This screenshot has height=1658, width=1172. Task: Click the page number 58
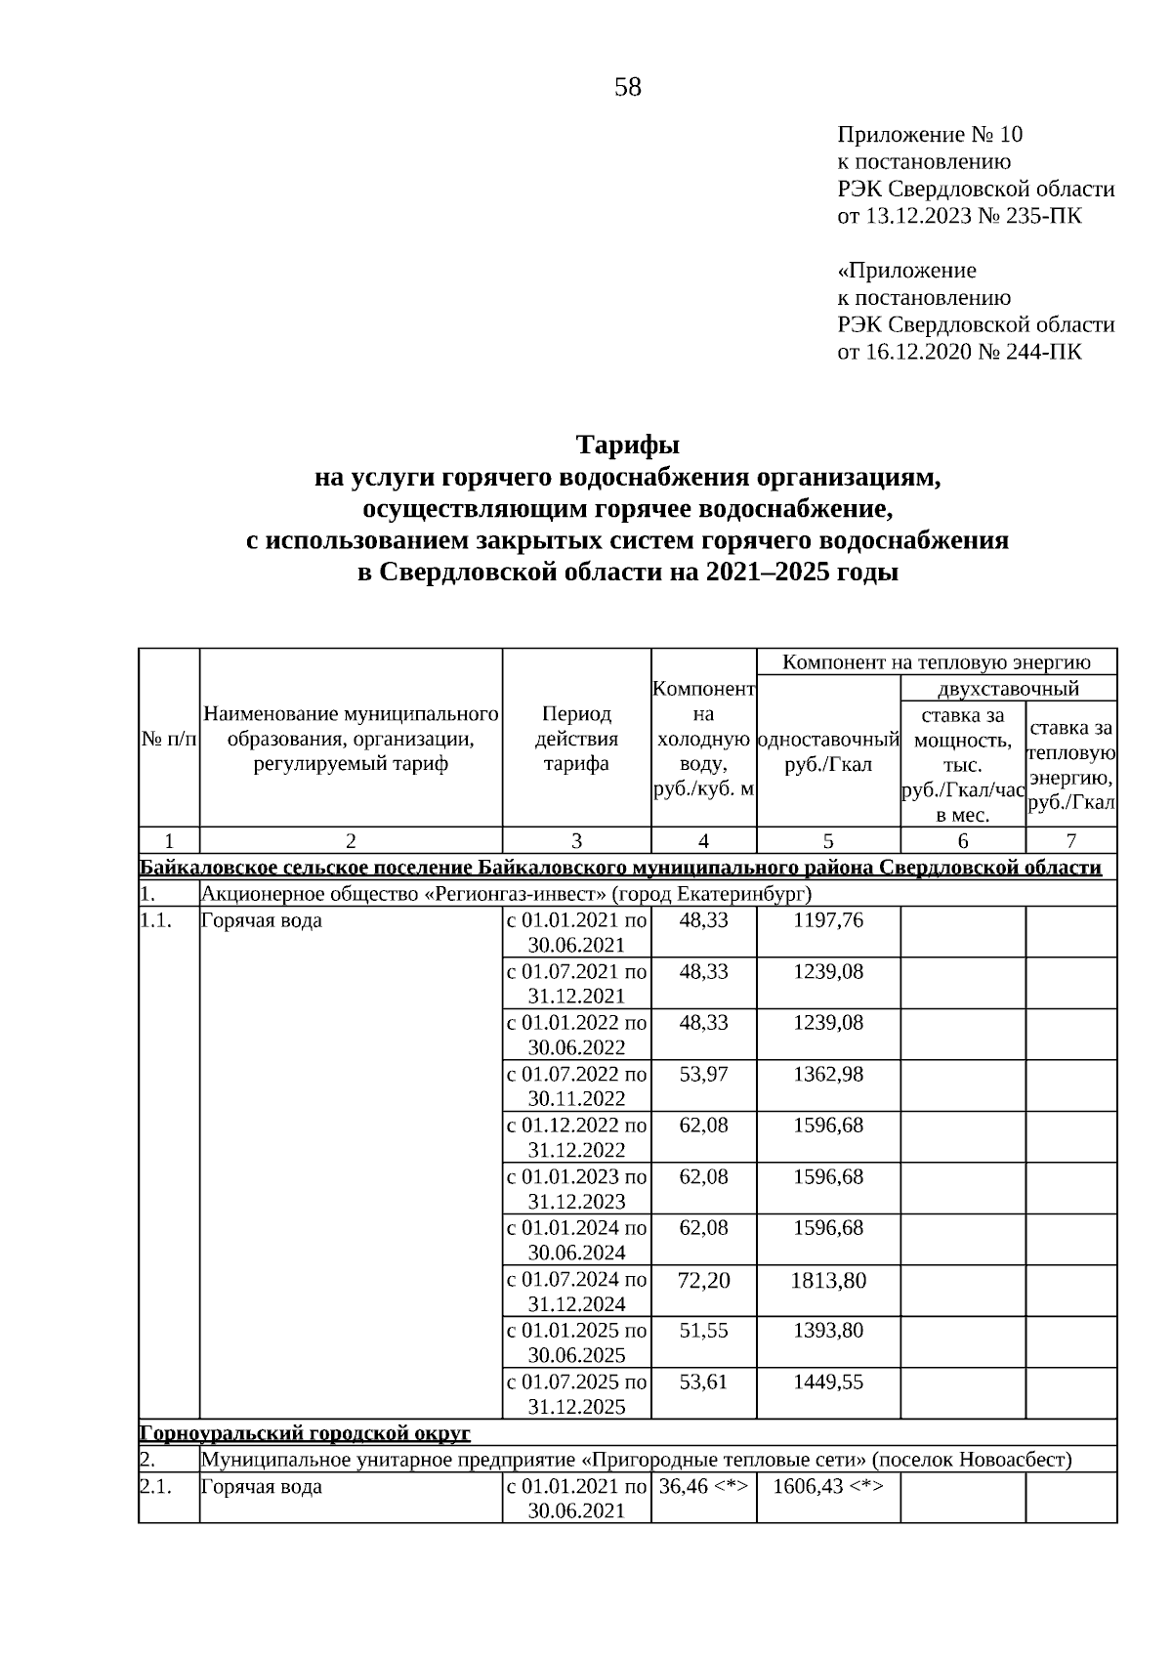pyautogui.click(x=628, y=88)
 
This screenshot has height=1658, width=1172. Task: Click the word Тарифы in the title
pyautogui.click(x=627, y=446)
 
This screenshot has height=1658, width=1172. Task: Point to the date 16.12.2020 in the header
pyautogui.click(x=919, y=352)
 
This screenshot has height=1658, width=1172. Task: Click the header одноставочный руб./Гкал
pyautogui.click(x=828, y=751)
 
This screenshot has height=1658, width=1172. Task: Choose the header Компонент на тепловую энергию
pyautogui.click(x=937, y=662)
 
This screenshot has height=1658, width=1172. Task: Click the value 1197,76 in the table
pyautogui.click(x=828, y=920)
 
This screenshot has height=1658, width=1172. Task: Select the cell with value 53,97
pyautogui.click(x=703, y=1074)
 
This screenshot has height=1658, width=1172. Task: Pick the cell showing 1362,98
pyautogui.click(x=828, y=1074)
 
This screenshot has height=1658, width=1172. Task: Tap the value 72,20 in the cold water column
pyautogui.click(x=703, y=1280)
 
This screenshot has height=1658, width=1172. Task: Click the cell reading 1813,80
pyautogui.click(x=828, y=1280)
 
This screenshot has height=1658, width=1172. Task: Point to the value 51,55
pyautogui.click(x=703, y=1331)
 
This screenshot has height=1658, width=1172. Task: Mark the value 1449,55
pyautogui.click(x=828, y=1382)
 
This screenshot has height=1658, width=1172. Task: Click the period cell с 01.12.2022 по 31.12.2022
pyautogui.click(x=576, y=1137)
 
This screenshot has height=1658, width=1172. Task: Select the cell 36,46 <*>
pyautogui.click(x=703, y=1487)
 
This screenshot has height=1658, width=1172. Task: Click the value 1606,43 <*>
pyautogui.click(x=828, y=1487)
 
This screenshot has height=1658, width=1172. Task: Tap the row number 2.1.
pyautogui.click(x=155, y=1487)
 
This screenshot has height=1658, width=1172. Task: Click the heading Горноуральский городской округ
pyautogui.click(x=305, y=1433)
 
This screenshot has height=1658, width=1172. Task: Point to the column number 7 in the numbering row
pyautogui.click(x=1070, y=840)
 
